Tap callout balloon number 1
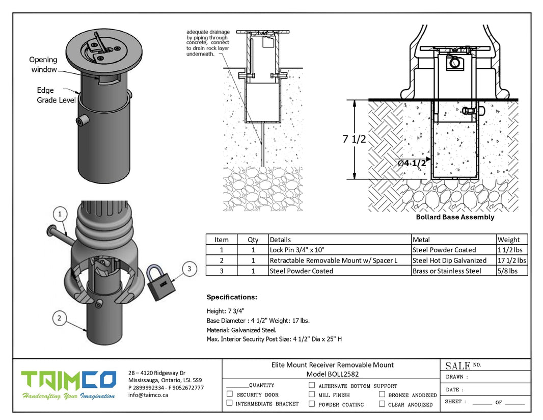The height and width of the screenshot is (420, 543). (x=61, y=213)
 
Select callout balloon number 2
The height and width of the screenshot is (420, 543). (x=60, y=319)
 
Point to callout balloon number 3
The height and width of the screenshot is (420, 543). (x=189, y=269)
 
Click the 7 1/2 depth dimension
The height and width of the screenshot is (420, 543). (x=354, y=139)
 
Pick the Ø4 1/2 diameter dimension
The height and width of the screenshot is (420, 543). (x=412, y=163)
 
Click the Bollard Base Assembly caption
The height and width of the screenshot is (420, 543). (x=455, y=217)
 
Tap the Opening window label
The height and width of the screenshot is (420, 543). (x=44, y=64)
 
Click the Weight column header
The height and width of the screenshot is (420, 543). (x=508, y=240)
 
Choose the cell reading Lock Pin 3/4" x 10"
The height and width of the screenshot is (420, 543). (x=296, y=250)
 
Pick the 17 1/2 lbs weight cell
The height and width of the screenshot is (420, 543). (x=511, y=260)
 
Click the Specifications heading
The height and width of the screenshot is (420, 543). (x=232, y=297)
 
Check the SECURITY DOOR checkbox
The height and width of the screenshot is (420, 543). (x=230, y=394)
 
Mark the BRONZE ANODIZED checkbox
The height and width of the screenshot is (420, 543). (x=382, y=395)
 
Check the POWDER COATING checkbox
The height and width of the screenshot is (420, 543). (x=312, y=404)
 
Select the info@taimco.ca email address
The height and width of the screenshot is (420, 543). (x=148, y=395)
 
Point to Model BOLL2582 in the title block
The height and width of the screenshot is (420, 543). (x=332, y=374)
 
